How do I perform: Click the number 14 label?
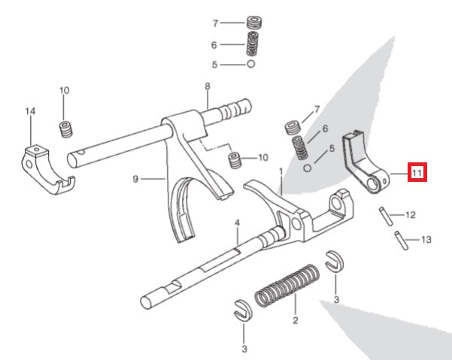[x=30, y=112]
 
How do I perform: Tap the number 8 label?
[x=207, y=86]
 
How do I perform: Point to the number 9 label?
[x=135, y=179]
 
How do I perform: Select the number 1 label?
[x=281, y=171]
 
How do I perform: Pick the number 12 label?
[x=410, y=215]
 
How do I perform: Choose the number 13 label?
[x=426, y=240]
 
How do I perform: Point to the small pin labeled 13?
[x=401, y=241]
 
